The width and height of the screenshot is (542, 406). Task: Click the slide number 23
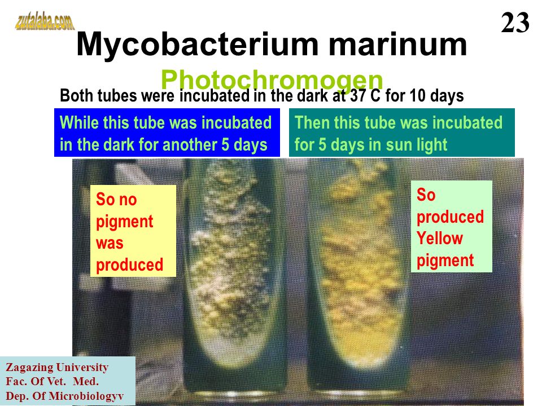tap(515, 24)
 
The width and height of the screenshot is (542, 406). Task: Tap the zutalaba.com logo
tap(45, 22)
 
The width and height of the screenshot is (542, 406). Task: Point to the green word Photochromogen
tap(272, 80)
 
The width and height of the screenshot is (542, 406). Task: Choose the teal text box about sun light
tap(402, 134)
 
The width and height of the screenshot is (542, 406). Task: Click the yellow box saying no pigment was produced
tap(133, 231)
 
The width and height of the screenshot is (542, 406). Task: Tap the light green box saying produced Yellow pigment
tap(451, 227)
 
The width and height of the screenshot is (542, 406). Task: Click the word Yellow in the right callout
tap(439, 239)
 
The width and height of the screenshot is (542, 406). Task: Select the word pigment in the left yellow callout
tap(124, 221)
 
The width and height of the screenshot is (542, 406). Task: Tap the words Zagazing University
tap(56, 368)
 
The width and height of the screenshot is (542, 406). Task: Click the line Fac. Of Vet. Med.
tap(52, 381)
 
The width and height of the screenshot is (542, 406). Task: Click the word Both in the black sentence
tap(75, 96)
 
